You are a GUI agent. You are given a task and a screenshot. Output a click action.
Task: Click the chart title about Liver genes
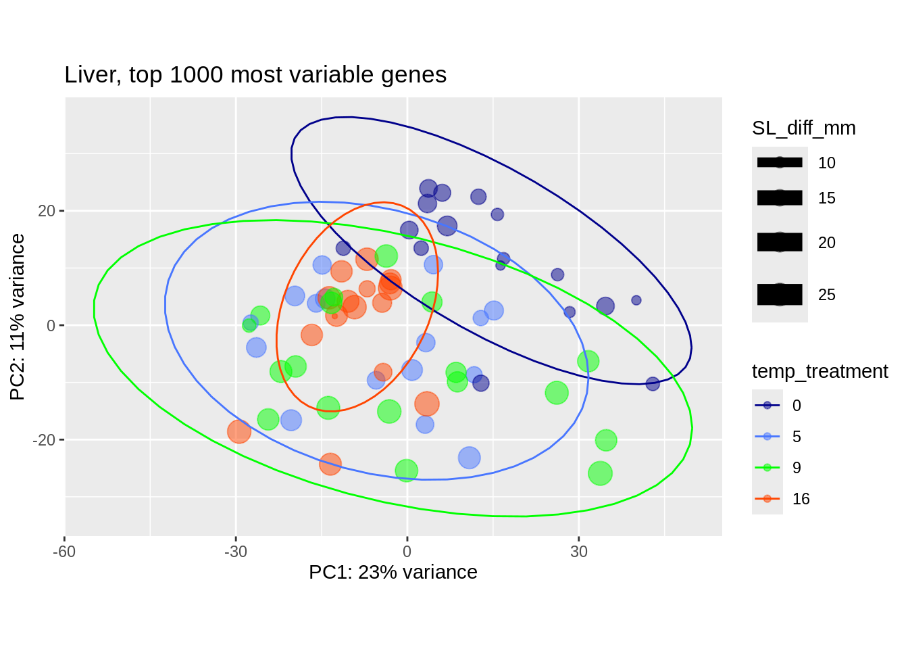(x=255, y=75)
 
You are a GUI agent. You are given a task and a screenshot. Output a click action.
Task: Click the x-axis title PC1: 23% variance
(x=393, y=573)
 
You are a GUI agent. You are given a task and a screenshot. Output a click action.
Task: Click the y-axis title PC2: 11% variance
(x=18, y=316)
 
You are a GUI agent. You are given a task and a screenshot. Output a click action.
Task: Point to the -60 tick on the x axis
(x=64, y=552)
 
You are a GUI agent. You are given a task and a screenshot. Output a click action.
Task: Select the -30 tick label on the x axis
(x=235, y=552)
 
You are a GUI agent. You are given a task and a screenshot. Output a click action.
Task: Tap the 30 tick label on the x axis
(x=578, y=552)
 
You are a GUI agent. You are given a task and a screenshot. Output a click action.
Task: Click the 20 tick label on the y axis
(x=47, y=212)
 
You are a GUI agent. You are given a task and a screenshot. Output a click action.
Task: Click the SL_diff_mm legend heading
(x=803, y=128)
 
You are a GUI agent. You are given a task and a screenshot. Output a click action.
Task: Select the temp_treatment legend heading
(x=819, y=372)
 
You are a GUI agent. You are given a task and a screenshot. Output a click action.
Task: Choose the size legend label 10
(x=826, y=164)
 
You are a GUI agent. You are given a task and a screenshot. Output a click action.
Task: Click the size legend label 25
(x=826, y=295)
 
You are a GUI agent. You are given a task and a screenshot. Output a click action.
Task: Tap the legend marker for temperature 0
(x=767, y=406)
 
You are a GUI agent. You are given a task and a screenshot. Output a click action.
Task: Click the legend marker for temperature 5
(x=767, y=437)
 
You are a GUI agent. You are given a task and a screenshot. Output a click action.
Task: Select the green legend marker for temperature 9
(x=767, y=468)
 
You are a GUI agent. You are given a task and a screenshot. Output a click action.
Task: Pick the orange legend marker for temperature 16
(x=767, y=499)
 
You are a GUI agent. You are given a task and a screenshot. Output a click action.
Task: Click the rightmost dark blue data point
(x=653, y=384)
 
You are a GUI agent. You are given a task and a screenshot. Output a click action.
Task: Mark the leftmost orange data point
(x=238, y=431)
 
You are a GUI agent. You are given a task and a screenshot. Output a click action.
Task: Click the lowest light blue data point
(x=469, y=458)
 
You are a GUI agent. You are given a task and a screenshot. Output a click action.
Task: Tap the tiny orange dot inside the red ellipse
(x=334, y=316)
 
